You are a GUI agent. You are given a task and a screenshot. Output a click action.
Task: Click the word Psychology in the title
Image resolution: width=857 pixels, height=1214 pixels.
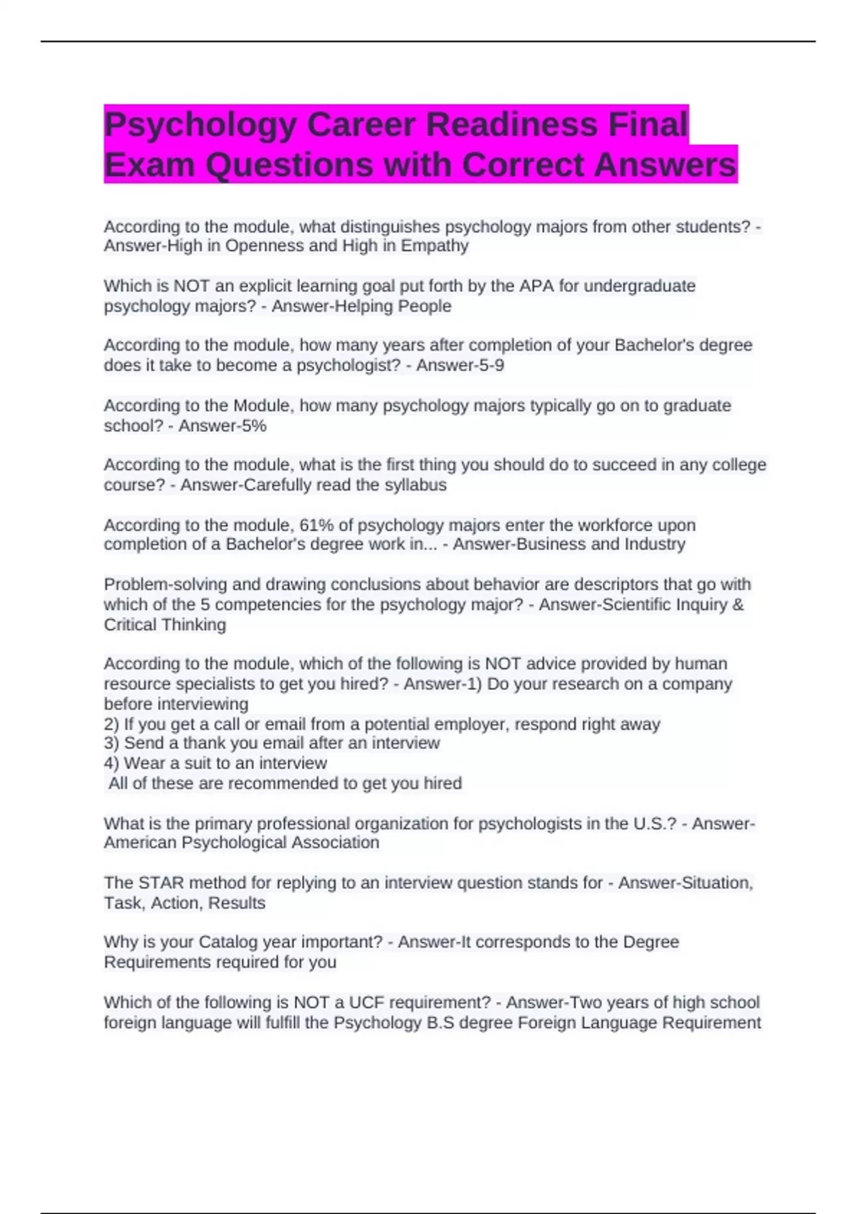pyautogui.click(x=199, y=125)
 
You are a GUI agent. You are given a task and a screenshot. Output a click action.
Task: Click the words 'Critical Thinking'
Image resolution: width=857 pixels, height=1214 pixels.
pyautogui.click(x=165, y=625)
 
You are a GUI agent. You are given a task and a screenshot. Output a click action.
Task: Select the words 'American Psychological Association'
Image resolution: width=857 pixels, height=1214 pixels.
pyautogui.click(x=241, y=843)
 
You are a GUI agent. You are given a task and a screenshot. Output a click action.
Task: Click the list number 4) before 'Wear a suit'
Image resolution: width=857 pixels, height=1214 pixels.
pyautogui.click(x=111, y=763)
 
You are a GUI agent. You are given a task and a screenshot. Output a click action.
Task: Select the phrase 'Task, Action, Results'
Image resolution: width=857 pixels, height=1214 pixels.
pyautogui.click(x=184, y=903)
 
